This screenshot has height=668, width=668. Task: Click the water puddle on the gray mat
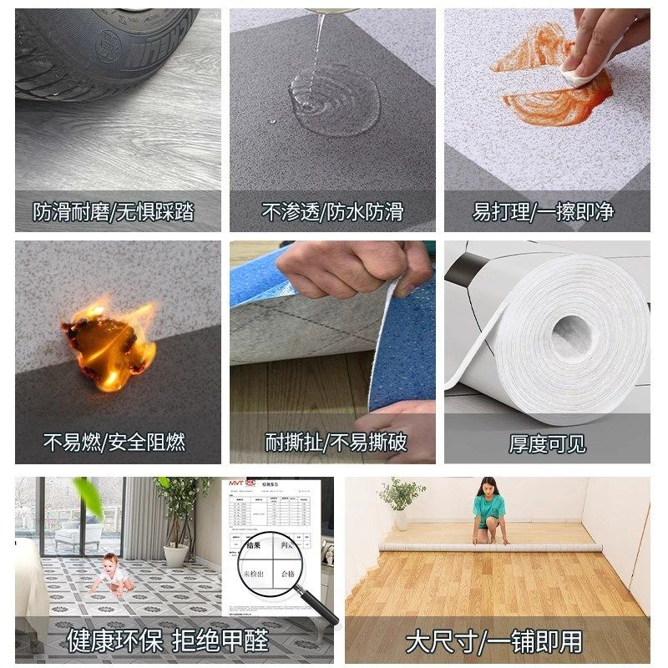[334, 100]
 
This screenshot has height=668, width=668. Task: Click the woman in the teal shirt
[489, 509]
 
